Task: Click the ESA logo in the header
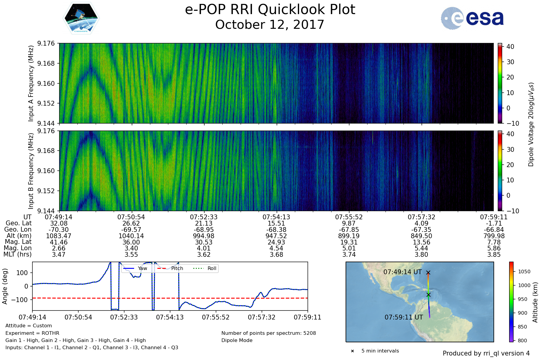472,18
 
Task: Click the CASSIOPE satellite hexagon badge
81,18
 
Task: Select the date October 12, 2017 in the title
270,25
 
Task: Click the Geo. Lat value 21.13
204,223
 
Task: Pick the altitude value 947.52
276,236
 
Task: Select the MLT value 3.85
494,255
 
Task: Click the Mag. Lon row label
18,248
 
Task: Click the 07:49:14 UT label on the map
403,272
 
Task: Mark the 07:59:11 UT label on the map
404,317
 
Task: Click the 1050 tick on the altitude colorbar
524,271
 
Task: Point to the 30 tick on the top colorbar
510,62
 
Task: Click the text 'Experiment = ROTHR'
32,333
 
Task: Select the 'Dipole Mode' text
237,340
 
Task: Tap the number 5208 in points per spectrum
310,333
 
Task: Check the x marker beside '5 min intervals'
352,351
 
